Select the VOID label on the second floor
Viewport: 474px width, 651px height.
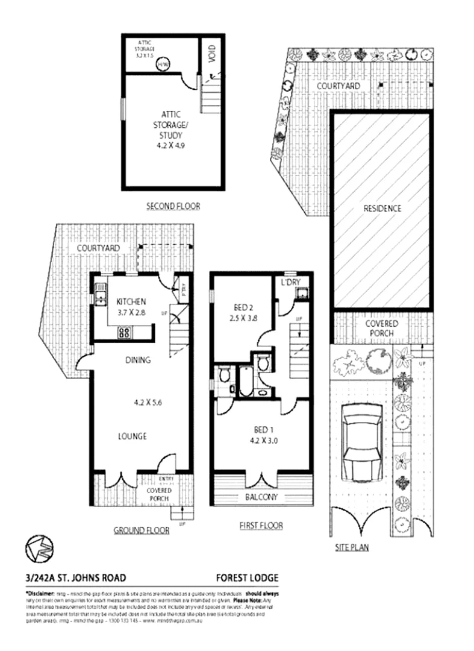pyautogui.click(x=211, y=52)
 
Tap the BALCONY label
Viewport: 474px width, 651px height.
pyautogui.click(x=262, y=497)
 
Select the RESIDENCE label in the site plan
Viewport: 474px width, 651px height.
pyautogui.click(x=382, y=209)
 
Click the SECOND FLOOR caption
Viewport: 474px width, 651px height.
pyautogui.click(x=173, y=206)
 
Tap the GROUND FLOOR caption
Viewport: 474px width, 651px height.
pyautogui.click(x=141, y=530)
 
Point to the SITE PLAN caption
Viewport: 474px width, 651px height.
pyautogui.click(x=352, y=548)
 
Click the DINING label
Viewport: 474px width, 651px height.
pyautogui.click(x=138, y=360)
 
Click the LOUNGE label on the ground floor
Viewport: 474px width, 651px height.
pyautogui.click(x=133, y=436)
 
